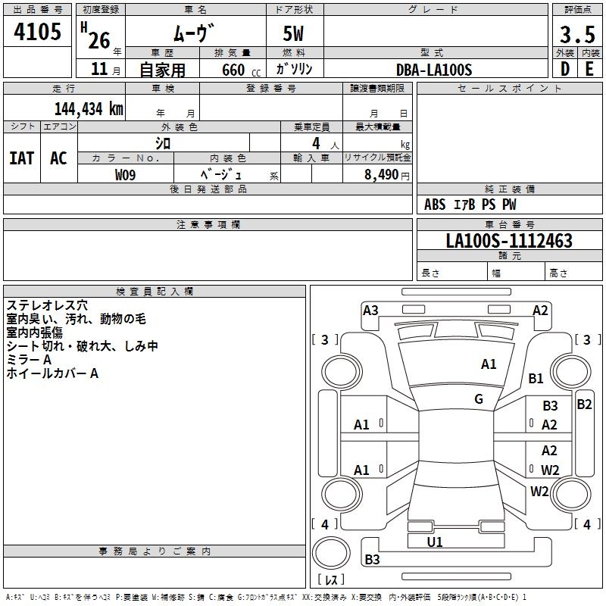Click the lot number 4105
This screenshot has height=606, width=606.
click(x=37, y=32)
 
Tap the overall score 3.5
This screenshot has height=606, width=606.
click(x=577, y=35)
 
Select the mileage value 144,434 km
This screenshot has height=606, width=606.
click(x=89, y=109)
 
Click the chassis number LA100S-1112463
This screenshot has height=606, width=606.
click(x=509, y=241)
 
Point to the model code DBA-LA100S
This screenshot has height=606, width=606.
click(x=434, y=70)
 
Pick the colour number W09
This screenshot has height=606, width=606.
click(x=125, y=175)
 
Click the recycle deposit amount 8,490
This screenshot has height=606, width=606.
click(x=381, y=175)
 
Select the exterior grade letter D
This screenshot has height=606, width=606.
click(x=565, y=69)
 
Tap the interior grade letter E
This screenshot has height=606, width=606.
click(x=589, y=69)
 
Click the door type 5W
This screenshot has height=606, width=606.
click(x=293, y=33)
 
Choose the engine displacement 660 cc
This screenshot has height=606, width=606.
click(x=241, y=70)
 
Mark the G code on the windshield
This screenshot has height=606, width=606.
click(x=479, y=399)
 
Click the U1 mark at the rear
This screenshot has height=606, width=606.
click(x=435, y=542)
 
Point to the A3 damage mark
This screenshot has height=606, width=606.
click(x=370, y=311)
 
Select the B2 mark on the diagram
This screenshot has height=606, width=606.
click(x=584, y=405)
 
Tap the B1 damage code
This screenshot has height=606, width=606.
click(x=536, y=378)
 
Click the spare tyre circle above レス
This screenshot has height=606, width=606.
click(x=331, y=553)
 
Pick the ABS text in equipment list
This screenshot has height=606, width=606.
click(x=435, y=205)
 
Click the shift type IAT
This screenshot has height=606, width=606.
click(x=22, y=158)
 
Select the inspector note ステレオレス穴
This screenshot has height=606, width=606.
click(x=47, y=305)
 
